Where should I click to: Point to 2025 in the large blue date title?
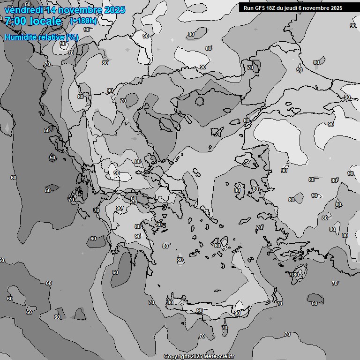pyautogui.click(x=114, y=10)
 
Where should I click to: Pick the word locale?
pyautogui.click(x=45, y=22)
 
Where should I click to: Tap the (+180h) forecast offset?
pyautogui.click(x=83, y=21)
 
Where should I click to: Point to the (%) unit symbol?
pyautogui.click(x=73, y=37)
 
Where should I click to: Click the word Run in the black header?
pyautogui.click(x=249, y=8)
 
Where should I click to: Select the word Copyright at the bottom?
pyautogui.click(x=176, y=356)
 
